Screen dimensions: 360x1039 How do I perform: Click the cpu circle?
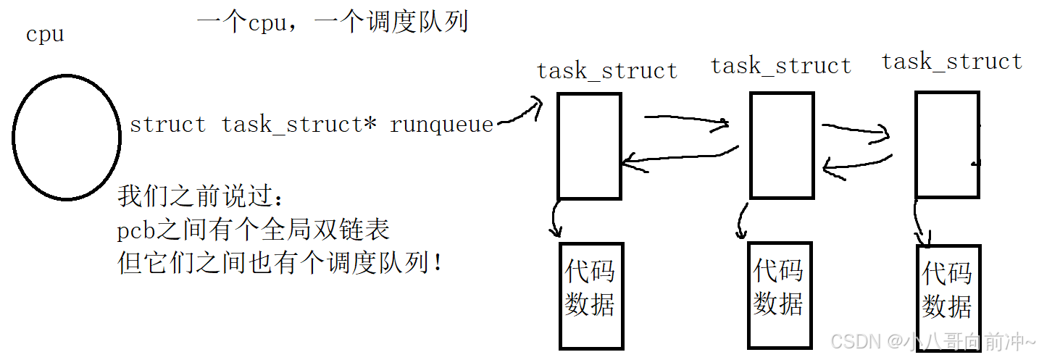point(67,137)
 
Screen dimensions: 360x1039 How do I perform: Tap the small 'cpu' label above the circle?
point(45,34)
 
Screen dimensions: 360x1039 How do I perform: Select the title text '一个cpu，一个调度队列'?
point(333,22)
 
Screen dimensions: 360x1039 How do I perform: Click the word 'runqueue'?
point(441,125)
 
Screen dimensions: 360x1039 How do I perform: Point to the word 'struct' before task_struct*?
point(167,125)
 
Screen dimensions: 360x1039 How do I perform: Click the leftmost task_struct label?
point(607,71)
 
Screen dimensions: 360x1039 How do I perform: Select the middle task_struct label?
point(781,66)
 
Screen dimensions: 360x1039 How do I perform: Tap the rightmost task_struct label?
point(951,62)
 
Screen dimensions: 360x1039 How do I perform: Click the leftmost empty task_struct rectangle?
point(589,146)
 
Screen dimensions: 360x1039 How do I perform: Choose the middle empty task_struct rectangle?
point(780,146)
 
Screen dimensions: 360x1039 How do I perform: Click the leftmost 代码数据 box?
point(591,296)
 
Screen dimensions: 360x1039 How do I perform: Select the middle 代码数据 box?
point(778,295)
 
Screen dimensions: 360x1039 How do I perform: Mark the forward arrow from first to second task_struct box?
point(685,120)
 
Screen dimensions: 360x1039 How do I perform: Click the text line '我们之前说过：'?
point(204,197)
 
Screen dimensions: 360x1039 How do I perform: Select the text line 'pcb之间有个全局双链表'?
point(254,230)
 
